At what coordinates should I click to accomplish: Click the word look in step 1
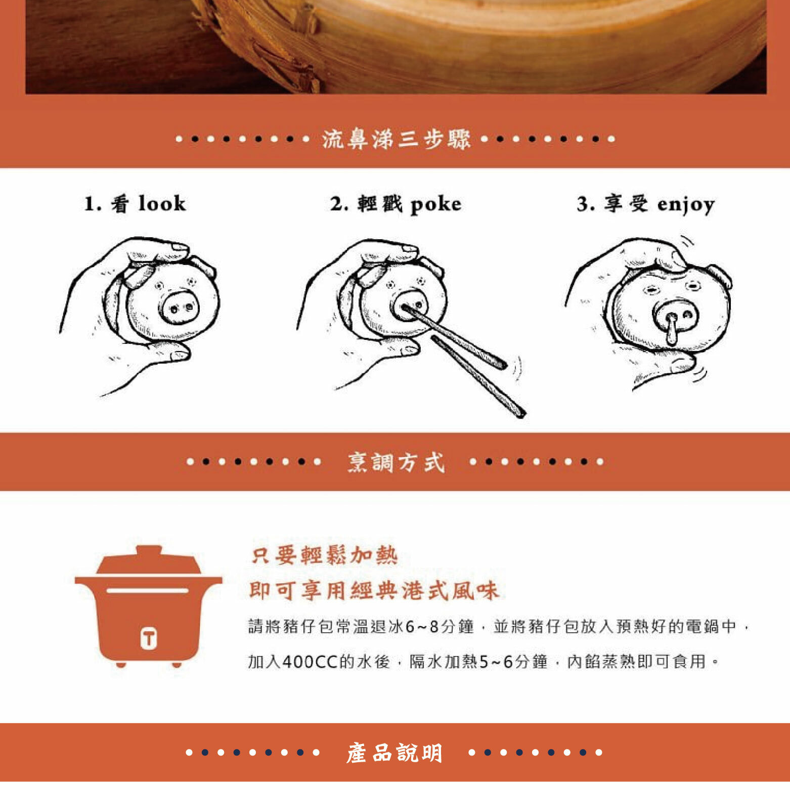(x=162, y=203)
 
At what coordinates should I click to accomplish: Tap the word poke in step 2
(x=435, y=205)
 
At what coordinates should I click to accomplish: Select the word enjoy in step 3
(x=686, y=205)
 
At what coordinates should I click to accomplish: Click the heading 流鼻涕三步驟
(x=396, y=139)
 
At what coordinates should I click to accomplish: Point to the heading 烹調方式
(x=396, y=462)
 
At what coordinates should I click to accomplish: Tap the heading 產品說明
(x=394, y=753)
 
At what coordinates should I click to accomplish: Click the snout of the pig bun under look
(x=180, y=306)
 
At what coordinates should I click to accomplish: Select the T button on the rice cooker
(x=149, y=638)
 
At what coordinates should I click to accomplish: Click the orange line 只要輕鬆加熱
(x=324, y=555)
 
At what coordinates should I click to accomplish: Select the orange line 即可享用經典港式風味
(x=374, y=590)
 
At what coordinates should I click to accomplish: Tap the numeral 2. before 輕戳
(x=339, y=204)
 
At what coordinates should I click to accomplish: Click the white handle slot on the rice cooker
(x=148, y=591)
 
